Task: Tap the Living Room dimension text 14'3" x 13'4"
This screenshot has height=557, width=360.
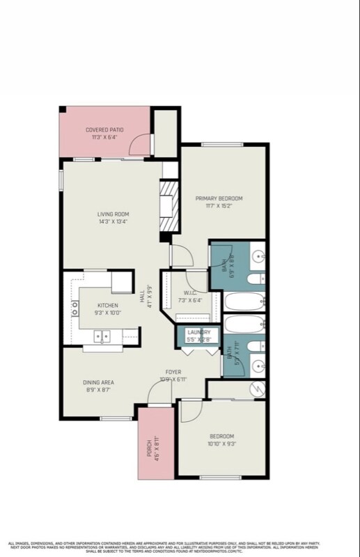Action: (x=112, y=221)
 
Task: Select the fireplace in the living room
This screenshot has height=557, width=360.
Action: (x=167, y=206)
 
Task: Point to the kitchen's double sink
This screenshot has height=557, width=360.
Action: (x=103, y=336)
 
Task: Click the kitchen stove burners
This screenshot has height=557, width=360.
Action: (x=74, y=308)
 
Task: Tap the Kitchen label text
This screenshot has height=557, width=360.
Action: (x=107, y=305)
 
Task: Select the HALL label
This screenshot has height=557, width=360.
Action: (x=142, y=298)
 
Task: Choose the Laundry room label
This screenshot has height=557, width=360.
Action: (x=198, y=332)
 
